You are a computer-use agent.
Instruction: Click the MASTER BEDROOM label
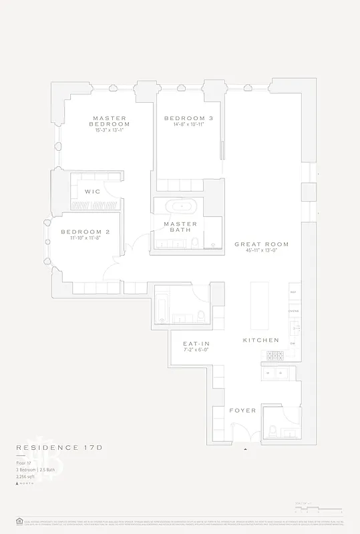[x=110, y=121]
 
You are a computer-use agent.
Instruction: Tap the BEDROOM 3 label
[x=184, y=118]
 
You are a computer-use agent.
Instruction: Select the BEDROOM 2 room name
[x=84, y=232]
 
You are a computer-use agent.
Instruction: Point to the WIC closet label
[x=92, y=192]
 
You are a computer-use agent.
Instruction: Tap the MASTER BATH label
[x=180, y=227]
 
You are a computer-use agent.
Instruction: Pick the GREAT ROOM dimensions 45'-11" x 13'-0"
[x=261, y=252]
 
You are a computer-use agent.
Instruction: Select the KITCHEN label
[x=260, y=340]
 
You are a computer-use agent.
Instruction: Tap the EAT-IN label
[x=196, y=344]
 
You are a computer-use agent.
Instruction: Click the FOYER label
[x=242, y=410]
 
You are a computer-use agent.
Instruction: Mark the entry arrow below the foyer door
[x=245, y=449]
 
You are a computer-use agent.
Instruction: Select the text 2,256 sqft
[x=27, y=475]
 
